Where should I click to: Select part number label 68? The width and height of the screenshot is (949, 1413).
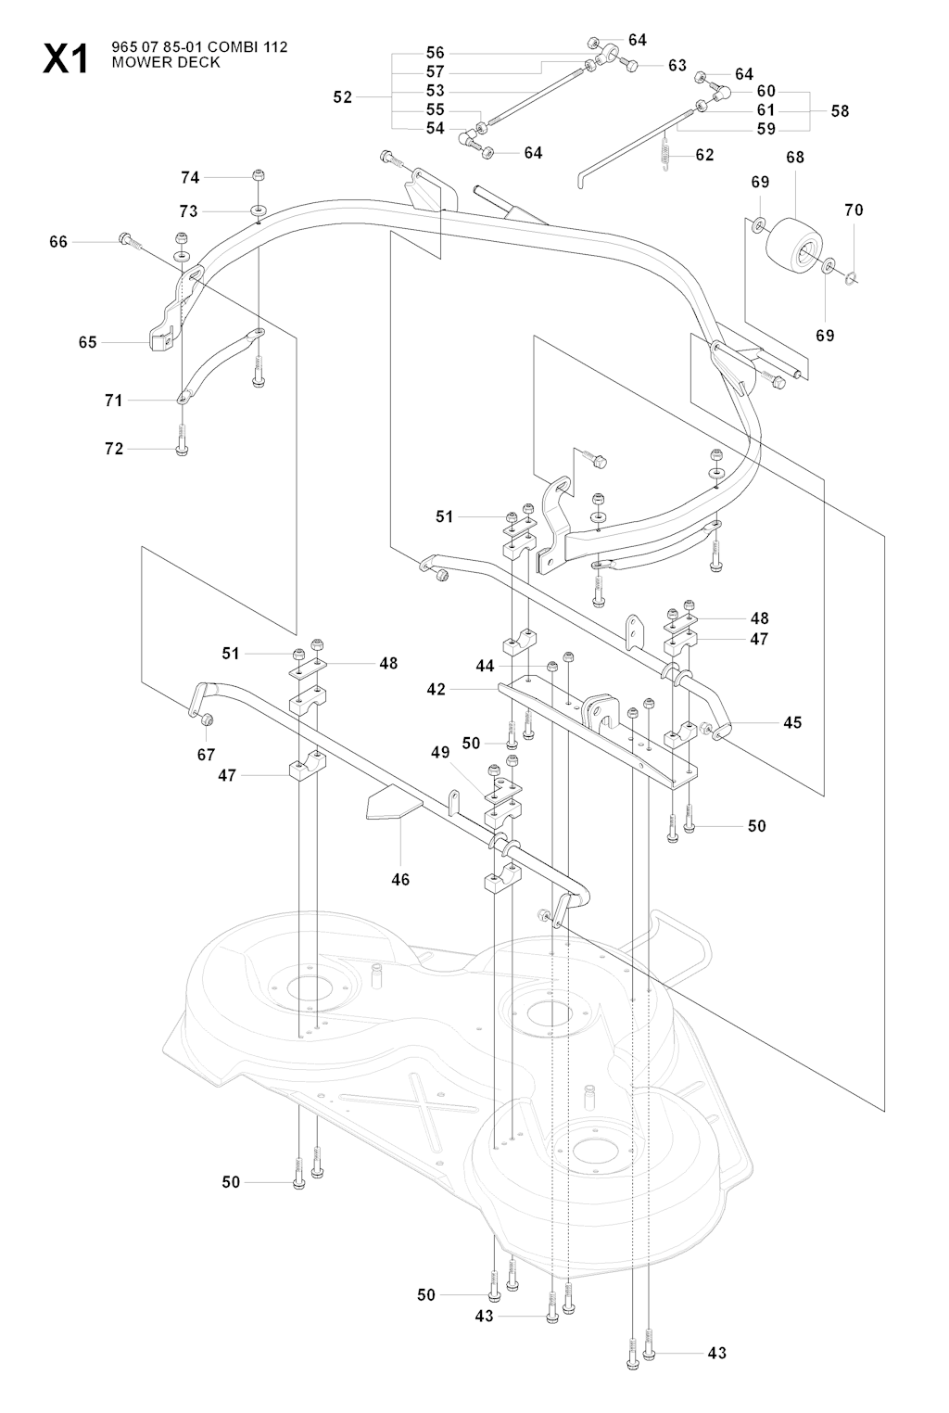pyautogui.click(x=795, y=158)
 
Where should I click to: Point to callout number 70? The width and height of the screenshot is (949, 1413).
pyautogui.click(x=854, y=210)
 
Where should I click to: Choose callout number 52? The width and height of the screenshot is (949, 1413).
pyautogui.click(x=343, y=96)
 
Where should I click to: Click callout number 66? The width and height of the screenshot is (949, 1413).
pyautogui.click(x=58, y=242)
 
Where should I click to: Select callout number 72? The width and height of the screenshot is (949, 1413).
pyautogui.click(x=114, y=449)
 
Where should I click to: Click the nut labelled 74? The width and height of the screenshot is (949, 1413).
pyautogui.click(x=259, y=174)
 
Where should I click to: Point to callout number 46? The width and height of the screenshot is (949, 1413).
pyautogui.click(x=400, y=879)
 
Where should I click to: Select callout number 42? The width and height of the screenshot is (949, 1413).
pyautogui.click(x=437, y=690)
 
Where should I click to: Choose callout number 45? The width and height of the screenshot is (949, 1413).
pyautogui.click(x=792, y=722)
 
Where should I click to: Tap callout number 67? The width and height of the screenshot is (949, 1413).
pyautogui.click(x=206, y=755)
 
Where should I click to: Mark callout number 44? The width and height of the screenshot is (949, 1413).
pyautogui.click(x=486, y=666)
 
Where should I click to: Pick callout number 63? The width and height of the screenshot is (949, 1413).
pyautogui.click(x=677, y=65)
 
